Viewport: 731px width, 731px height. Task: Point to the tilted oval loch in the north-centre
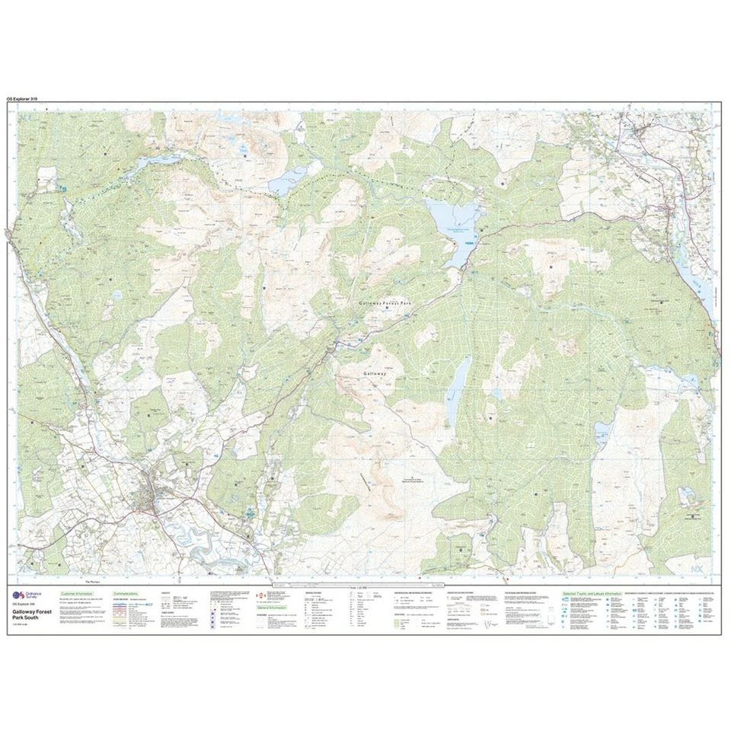pos(286,180)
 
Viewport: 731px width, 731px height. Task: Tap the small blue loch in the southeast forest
pos(602,435)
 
